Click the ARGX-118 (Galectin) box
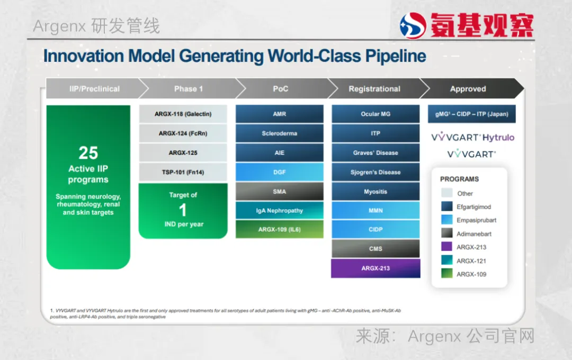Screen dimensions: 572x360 click(x=183, y=114)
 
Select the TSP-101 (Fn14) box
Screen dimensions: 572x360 click(x=183, y=172)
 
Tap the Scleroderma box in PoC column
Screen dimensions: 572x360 click(x=280, y=133)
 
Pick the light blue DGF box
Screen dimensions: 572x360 click(x=280, y=172)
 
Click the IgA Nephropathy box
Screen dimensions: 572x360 click(x=280, y=211)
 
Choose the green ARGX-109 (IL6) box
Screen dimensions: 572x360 click(x=280, y=229)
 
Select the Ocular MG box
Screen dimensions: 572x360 click(x=376, y=114)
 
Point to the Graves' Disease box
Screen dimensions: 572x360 click(x=376, y=153)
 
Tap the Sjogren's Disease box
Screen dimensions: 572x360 click(x=376, y=172)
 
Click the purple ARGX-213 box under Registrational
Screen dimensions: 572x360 click(x=376, y=268)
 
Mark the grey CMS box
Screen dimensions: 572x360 click(x=376, y=249)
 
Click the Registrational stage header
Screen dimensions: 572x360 click(x=374, y=88)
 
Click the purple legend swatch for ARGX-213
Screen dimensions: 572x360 click(x=446, y=247)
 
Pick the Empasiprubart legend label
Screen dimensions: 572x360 click(x=477, y=220)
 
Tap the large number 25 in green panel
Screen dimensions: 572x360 click(x=88, y=153)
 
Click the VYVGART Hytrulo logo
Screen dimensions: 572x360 click(x=472, y=137)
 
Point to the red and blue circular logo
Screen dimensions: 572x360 click(x=413, y=25)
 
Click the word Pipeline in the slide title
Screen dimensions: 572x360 click(x=396, y=57)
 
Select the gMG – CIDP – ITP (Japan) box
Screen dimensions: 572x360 click(x=472, y=114)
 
